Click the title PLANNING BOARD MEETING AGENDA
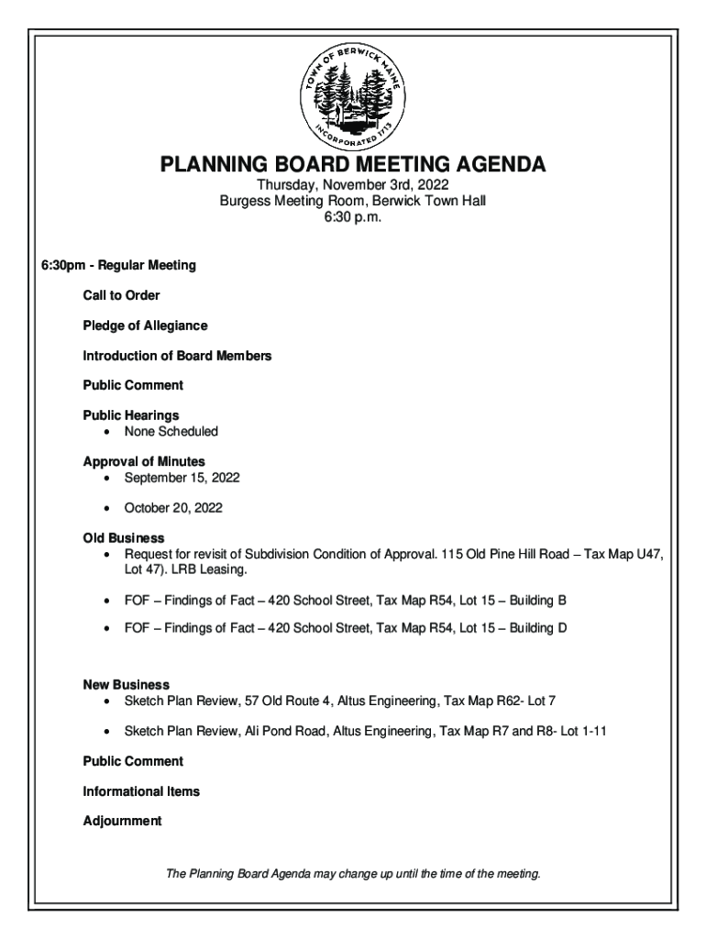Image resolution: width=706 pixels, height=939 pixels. [353, 165]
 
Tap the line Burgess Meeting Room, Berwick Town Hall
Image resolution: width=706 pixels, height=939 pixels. [353, 201]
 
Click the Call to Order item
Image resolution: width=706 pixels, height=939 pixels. [121, 295]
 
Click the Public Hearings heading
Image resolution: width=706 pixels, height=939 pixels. [130, 415]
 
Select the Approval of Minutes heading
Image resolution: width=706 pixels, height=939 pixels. [144, 461]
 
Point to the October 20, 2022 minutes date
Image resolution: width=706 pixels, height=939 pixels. [173, 507]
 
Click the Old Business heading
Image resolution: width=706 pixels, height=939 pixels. [124, 538]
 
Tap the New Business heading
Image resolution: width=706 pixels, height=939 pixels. [127, 685]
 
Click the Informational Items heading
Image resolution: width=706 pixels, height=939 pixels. [141, 791]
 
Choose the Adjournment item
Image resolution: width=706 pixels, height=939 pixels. [122, 821]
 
